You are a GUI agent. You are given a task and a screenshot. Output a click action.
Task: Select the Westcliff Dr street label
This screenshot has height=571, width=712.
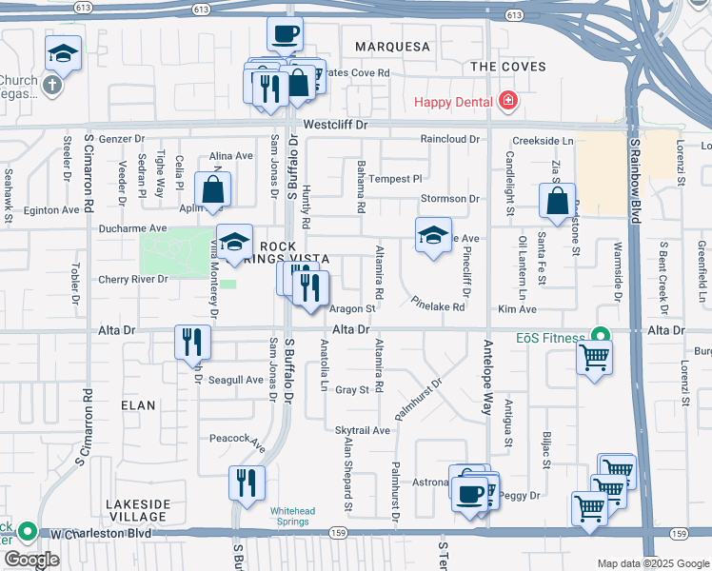[x=335, y=125]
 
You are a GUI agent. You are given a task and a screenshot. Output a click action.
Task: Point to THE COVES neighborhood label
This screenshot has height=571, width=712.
[x=508, y=67]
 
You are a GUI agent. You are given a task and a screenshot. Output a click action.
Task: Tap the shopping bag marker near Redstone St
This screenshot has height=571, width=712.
[x=557, y=201]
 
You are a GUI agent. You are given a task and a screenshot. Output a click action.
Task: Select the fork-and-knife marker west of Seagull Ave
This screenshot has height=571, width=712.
[x=193, y=341]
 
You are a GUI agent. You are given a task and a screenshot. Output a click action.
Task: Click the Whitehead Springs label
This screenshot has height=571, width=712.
[x=291, y=515]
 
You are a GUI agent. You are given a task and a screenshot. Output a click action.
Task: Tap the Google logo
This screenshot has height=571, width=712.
[x=31, y=560]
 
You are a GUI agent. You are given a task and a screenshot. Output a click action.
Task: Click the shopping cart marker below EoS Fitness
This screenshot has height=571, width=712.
[x=595, y=360]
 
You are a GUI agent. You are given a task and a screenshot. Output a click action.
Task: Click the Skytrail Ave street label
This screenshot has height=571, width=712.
[x=363, y=430]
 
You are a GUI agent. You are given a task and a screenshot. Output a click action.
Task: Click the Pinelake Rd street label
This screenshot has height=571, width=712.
[x=438, y=306]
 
